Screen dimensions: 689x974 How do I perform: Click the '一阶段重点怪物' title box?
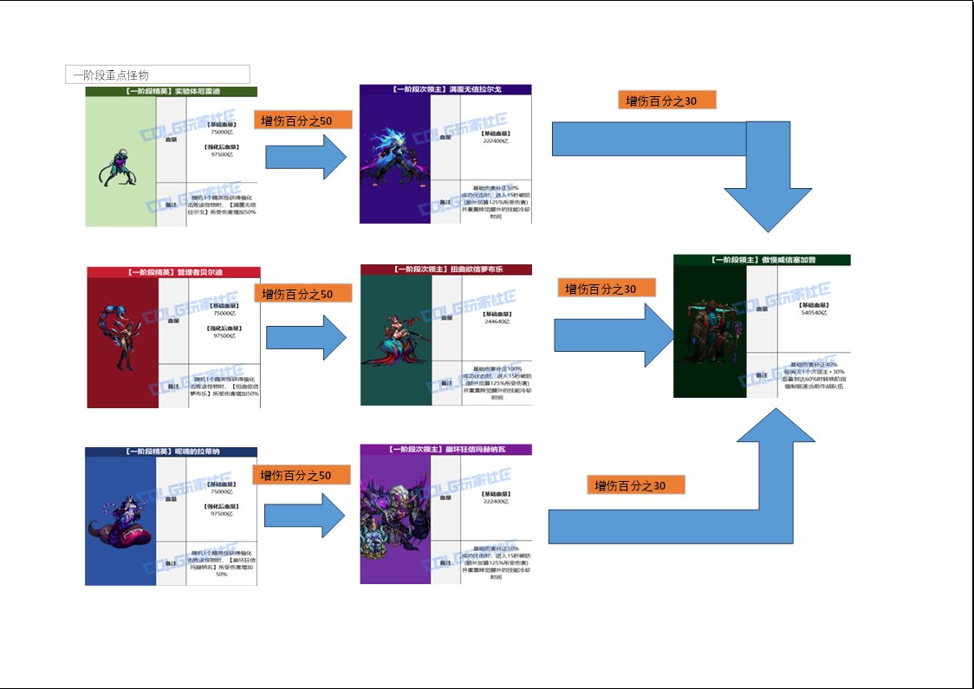[157, 75]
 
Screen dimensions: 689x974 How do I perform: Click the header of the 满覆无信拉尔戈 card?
[445, 88]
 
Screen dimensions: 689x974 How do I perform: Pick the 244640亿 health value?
[496, 321]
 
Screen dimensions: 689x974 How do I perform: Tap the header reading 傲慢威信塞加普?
[762, 259]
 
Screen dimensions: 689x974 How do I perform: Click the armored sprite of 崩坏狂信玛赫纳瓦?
[394, 520]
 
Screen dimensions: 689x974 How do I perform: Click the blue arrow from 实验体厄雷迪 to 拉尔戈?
[305, 157]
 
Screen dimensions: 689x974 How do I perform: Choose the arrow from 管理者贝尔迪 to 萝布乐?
[305, 337]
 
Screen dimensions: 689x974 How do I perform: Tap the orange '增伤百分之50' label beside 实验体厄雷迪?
[303, 120]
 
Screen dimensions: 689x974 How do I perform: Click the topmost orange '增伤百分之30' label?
[667, 100]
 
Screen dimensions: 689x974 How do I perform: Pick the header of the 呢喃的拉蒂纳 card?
[171, 452]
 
